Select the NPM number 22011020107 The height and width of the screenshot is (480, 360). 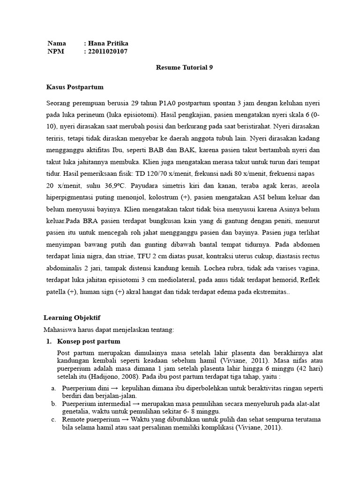click(107, 51)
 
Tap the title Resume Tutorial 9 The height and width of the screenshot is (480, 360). click(184, 67)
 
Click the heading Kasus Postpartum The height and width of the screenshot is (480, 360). click(75, 87)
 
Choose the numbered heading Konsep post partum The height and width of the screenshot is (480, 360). click(89, 341)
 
